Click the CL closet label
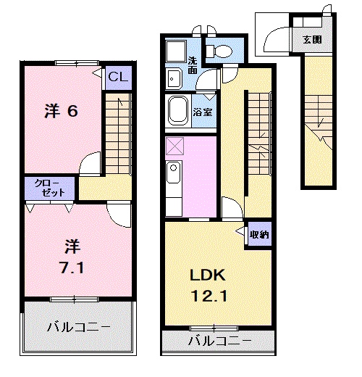(x=118, y=77)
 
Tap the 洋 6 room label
(x=62, y=111)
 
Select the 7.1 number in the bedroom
(x=72, y=268)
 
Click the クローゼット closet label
(x=50, y=188)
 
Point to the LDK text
(x=208, y=275)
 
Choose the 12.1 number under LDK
(x=209, y=296)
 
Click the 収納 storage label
(x=259, y=234)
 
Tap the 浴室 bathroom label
(x=203, y=112)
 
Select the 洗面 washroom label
(x=193, y=65)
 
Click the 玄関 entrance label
(x=312, y=39)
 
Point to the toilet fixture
(x=219, y=51)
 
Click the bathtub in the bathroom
(x=178, y=111)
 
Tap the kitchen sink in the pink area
(x=173, y=173)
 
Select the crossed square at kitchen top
(x=174, y=146)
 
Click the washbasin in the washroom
(x=174, y=78)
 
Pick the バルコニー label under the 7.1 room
(x=79, y=327)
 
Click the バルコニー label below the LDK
(x=220, y=341)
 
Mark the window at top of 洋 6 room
(x=77, y=63)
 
